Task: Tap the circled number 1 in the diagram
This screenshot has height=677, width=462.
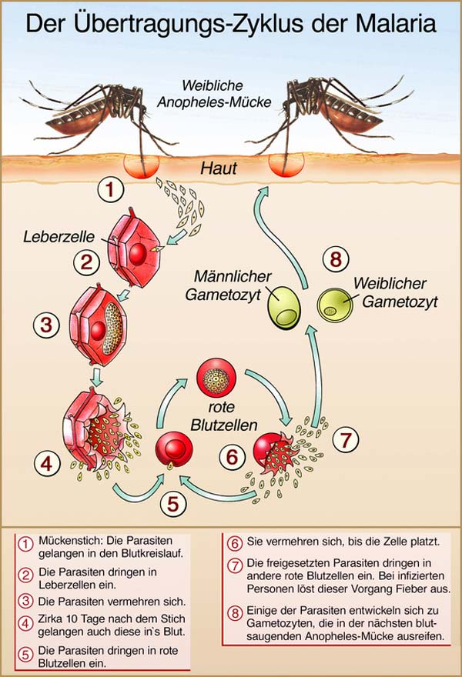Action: (x=112, y=189)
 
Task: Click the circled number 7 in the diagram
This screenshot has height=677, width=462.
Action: (x=346, y=441)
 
